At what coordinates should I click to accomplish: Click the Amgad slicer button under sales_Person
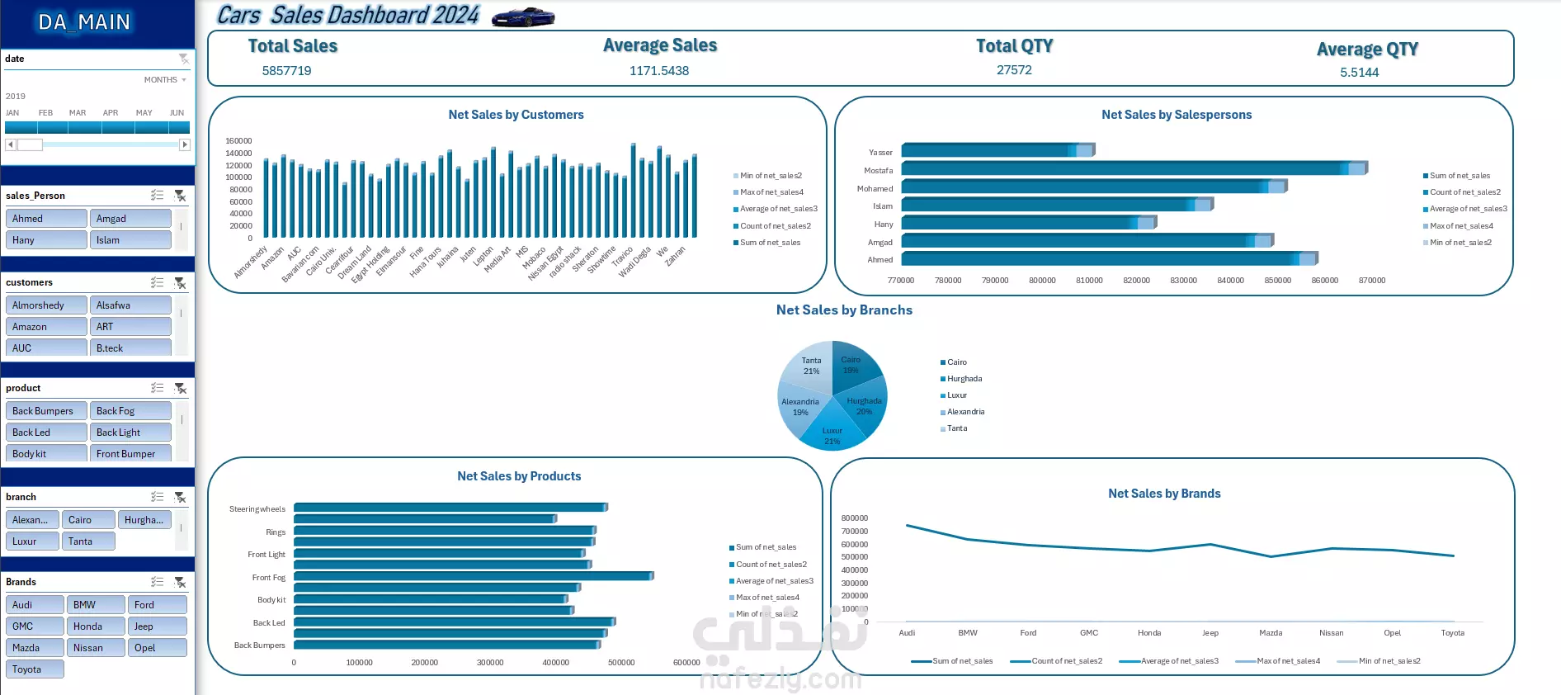(x=130, y=219)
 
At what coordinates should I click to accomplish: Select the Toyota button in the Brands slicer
(x=35, y=669)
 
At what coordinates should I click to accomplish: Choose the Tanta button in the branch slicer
(x=87, y=541)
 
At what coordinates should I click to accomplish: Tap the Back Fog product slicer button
(x=130, y=411)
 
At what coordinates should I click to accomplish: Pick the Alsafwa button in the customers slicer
(x=130, y=305)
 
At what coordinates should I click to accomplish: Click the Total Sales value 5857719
(x=286, y=71)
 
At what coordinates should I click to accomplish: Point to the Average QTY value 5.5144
(x=1359, y=73)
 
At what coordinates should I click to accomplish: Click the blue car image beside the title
(x=523, y=17)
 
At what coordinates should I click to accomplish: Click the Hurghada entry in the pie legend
(x=964, y=379)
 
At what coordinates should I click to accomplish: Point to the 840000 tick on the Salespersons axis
(x=1230, y=281)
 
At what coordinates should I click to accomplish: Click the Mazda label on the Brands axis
(x=1271, y=633)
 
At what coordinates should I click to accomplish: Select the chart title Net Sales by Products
(x=519, y=476)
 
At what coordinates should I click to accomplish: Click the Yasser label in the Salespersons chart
(x=880, y=153)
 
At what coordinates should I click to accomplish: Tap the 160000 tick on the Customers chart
(x=238, y=141)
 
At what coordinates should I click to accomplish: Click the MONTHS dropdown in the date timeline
(x=165, y=80)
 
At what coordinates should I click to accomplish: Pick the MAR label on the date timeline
(x=78, y=113)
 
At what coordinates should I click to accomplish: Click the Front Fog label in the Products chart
(x=268, y=578)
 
